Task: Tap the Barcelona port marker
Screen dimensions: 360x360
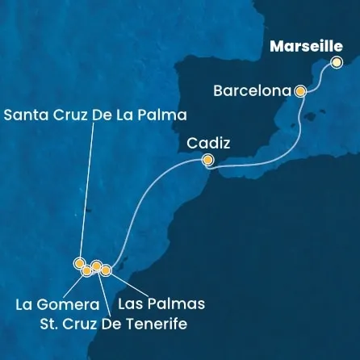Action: [x=300, y=91]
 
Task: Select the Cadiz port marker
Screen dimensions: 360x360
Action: [x=207, y=161]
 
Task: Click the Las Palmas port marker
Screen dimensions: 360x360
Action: [x=106, y=270]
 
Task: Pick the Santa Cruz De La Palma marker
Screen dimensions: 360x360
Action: [x=79, y=262]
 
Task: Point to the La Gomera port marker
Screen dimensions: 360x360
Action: [x=87, y=270]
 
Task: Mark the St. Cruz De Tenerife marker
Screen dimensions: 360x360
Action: [x=96, y=266]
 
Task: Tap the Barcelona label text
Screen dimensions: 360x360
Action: [x=252, y=91]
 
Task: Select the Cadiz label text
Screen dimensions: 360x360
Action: [x=208, y=143]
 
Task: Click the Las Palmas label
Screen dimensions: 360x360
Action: [x=161, y=303]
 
